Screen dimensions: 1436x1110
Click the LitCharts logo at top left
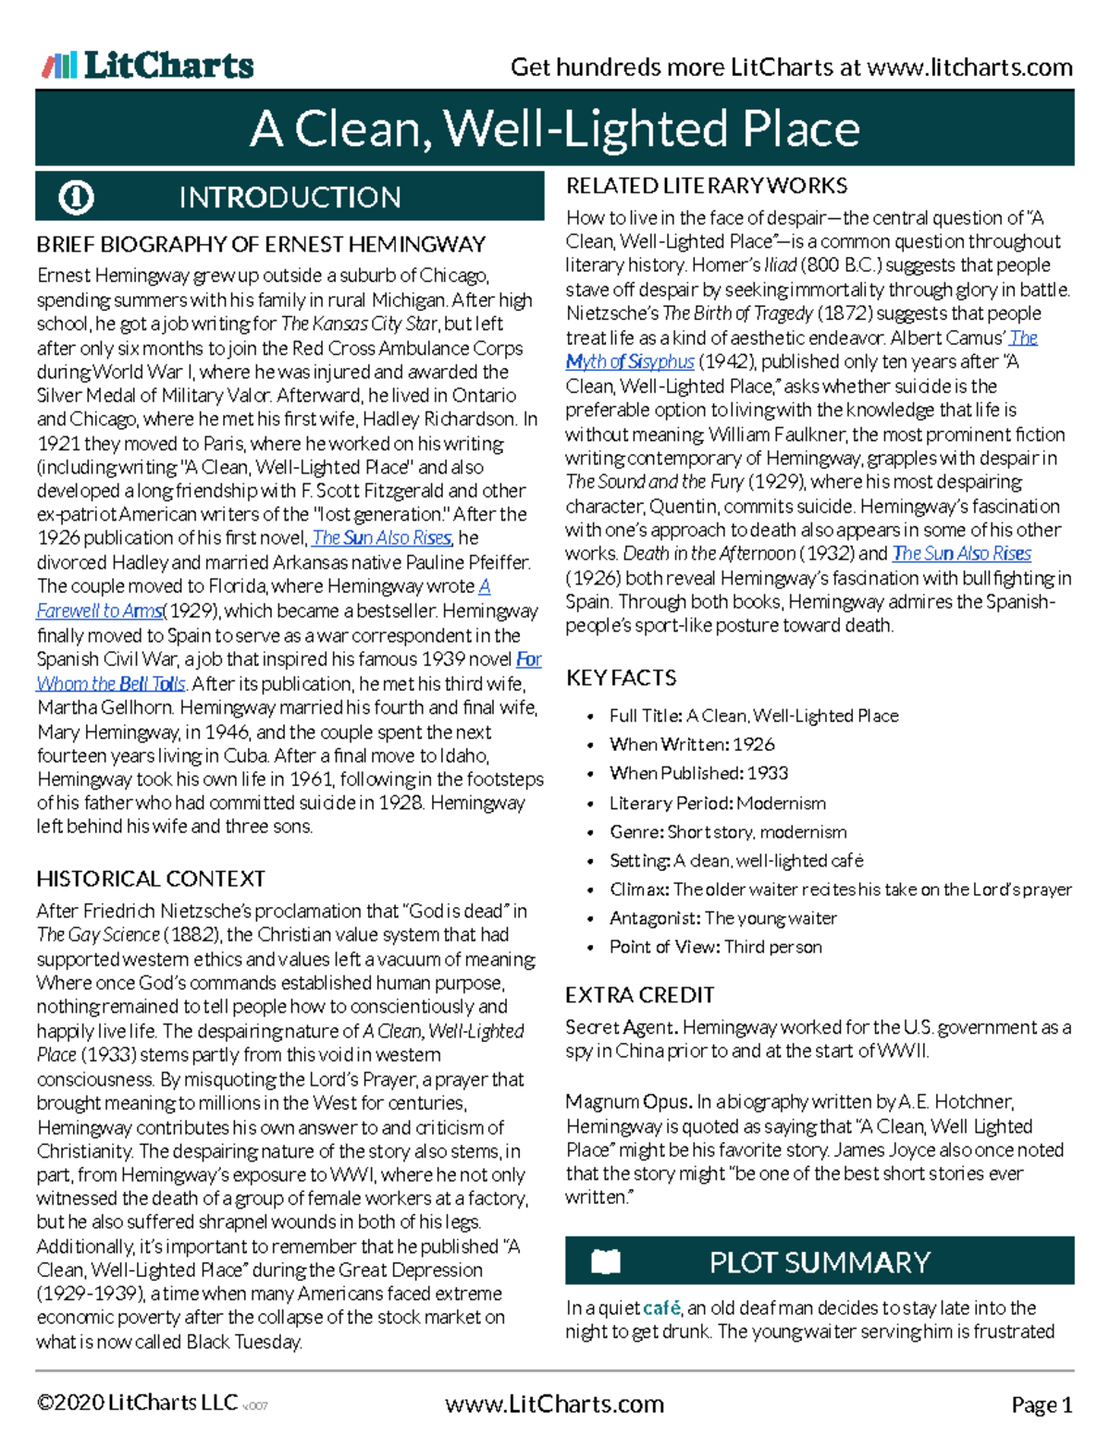[x=148, y=66]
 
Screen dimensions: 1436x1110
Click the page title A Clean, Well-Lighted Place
[x=554, y=129]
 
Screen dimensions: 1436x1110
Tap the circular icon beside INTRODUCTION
[x=76, y=197]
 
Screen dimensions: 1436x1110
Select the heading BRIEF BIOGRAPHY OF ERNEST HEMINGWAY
[x=261, y=245]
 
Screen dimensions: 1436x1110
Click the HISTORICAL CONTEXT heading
[x=151, y=878]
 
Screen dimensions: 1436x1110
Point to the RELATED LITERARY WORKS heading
[x=707, y=186]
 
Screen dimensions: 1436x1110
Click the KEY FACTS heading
[x=621, y=678]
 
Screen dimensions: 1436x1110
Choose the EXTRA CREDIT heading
[x=639, y=995]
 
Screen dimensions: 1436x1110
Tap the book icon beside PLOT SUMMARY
[x=606, y=1261]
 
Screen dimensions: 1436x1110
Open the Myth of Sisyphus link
[x=630, y=362]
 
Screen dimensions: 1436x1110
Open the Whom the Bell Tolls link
[x=111, y=684]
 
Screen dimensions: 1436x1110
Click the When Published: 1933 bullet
[x=698, y=773]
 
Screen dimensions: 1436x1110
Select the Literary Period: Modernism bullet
[x=717, y=803]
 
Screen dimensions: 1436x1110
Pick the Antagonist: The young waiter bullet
[x=722, y=918]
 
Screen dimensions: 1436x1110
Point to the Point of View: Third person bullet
[x=715, y=947]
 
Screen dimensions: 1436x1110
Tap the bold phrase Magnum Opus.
[x=628, y=1102]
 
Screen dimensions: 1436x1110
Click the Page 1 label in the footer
[x=1042, y=1405]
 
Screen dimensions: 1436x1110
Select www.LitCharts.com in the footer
[x=554, y=1405]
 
